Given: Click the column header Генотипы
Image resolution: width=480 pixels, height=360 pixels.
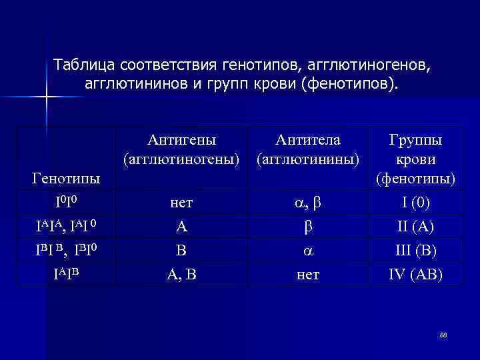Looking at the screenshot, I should (x=66, y=179).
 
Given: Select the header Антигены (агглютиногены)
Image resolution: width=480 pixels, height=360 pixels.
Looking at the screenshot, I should (x=181, y=150).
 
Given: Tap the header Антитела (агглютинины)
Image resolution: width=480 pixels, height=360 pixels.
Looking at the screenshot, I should (x=308, y=150).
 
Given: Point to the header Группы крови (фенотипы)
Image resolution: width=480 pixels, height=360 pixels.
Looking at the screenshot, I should (x=415, y=159).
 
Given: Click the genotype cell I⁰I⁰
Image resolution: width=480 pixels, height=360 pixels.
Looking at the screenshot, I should (x=66, y=200).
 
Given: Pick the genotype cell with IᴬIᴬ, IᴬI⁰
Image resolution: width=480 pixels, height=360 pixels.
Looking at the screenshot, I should (x=67, y=225).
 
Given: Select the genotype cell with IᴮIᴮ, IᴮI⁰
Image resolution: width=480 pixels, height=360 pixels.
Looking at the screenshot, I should (x=67, y=250).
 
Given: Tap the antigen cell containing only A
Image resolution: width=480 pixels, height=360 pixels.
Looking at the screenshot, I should (x=181, y=227).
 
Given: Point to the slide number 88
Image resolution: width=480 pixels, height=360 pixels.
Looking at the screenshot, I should (x=443, y=335).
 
